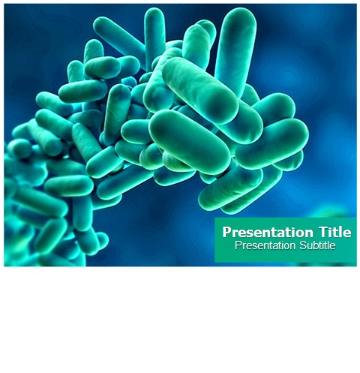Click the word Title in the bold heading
(x=334, y=232)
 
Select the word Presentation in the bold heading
(x=268, y=232)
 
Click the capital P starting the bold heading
(x=226, y=232)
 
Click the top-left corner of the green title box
(x=215, y=218)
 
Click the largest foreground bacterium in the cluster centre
(x=190, y=142)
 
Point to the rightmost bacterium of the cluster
(x=271, y=143)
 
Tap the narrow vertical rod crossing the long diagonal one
(x=154, y=38)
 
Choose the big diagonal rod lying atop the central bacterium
(x=200, y=90)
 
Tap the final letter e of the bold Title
(x=348, y=233)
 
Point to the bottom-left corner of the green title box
(x=215, y=263)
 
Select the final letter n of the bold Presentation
(x=309, y=233)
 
